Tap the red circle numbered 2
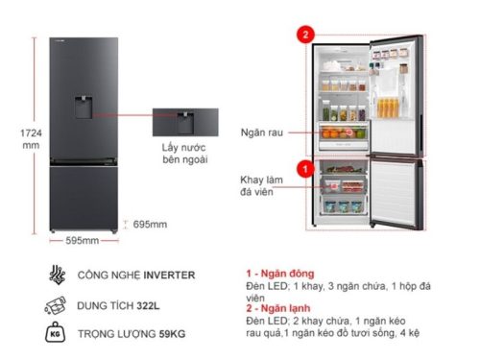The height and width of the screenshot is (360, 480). (305, 35)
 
